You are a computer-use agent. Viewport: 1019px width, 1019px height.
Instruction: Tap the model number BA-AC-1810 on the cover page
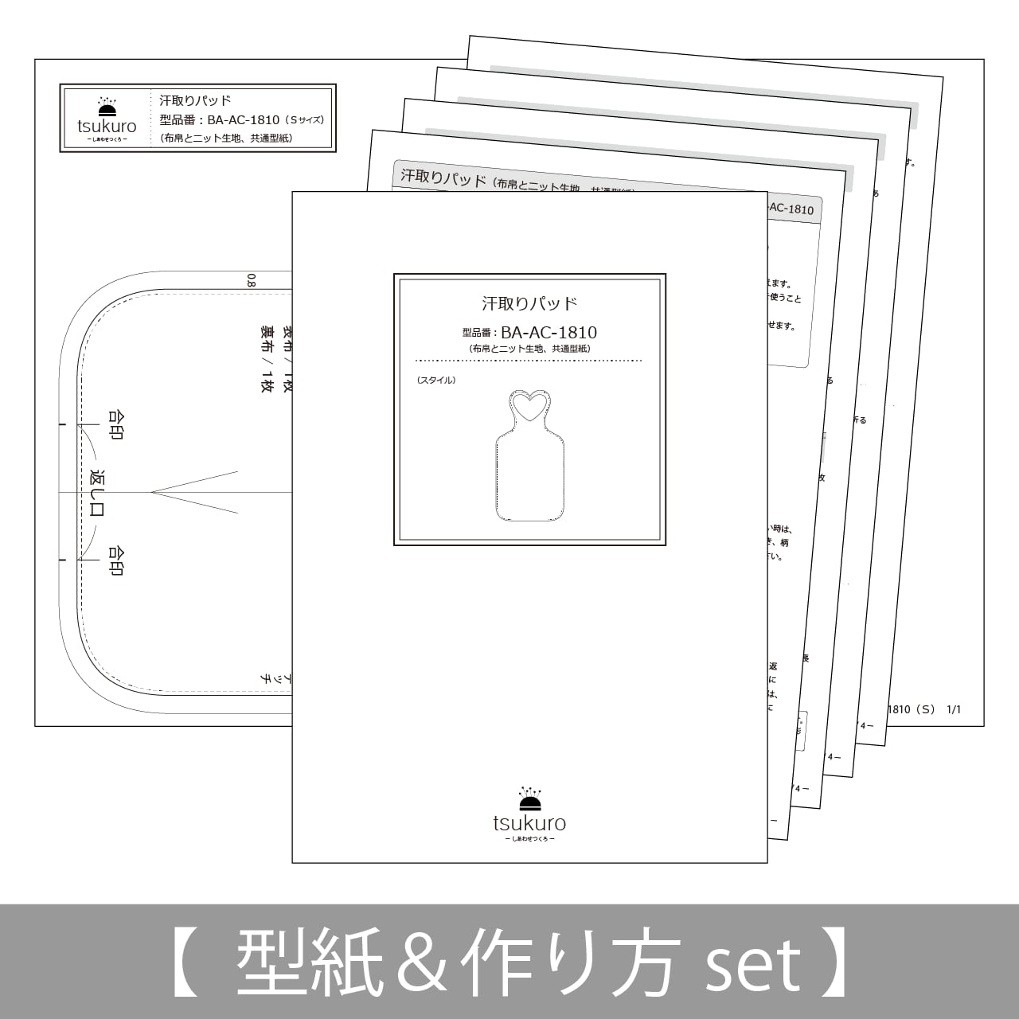click(549, 333)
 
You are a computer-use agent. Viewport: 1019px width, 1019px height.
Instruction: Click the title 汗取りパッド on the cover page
click(529, 303)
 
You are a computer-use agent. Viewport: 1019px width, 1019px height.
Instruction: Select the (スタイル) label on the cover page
click(436, 381)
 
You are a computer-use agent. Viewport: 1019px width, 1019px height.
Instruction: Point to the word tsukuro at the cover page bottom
click(529, 823)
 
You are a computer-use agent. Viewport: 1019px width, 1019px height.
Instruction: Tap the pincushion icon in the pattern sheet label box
click(107, 108)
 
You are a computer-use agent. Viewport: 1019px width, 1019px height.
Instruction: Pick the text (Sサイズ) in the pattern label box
click(305, 120)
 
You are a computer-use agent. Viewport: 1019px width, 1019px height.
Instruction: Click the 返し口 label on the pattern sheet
click(97, 493)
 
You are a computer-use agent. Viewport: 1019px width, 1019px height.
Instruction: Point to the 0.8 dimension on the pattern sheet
click(252, 280)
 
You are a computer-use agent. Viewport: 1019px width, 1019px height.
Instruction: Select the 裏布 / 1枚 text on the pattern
click(267, 357)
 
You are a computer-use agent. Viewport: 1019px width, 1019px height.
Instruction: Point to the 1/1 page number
click(954, 709)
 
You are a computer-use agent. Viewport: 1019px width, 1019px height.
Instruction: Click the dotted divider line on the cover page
click(529, 361)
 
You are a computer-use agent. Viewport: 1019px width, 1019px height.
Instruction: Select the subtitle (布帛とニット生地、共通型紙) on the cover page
click(529, 349)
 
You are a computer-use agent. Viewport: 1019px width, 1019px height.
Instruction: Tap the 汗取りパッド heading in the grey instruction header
click(443, 178)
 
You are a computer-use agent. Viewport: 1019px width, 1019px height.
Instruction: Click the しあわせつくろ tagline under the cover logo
click(529, 840)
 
